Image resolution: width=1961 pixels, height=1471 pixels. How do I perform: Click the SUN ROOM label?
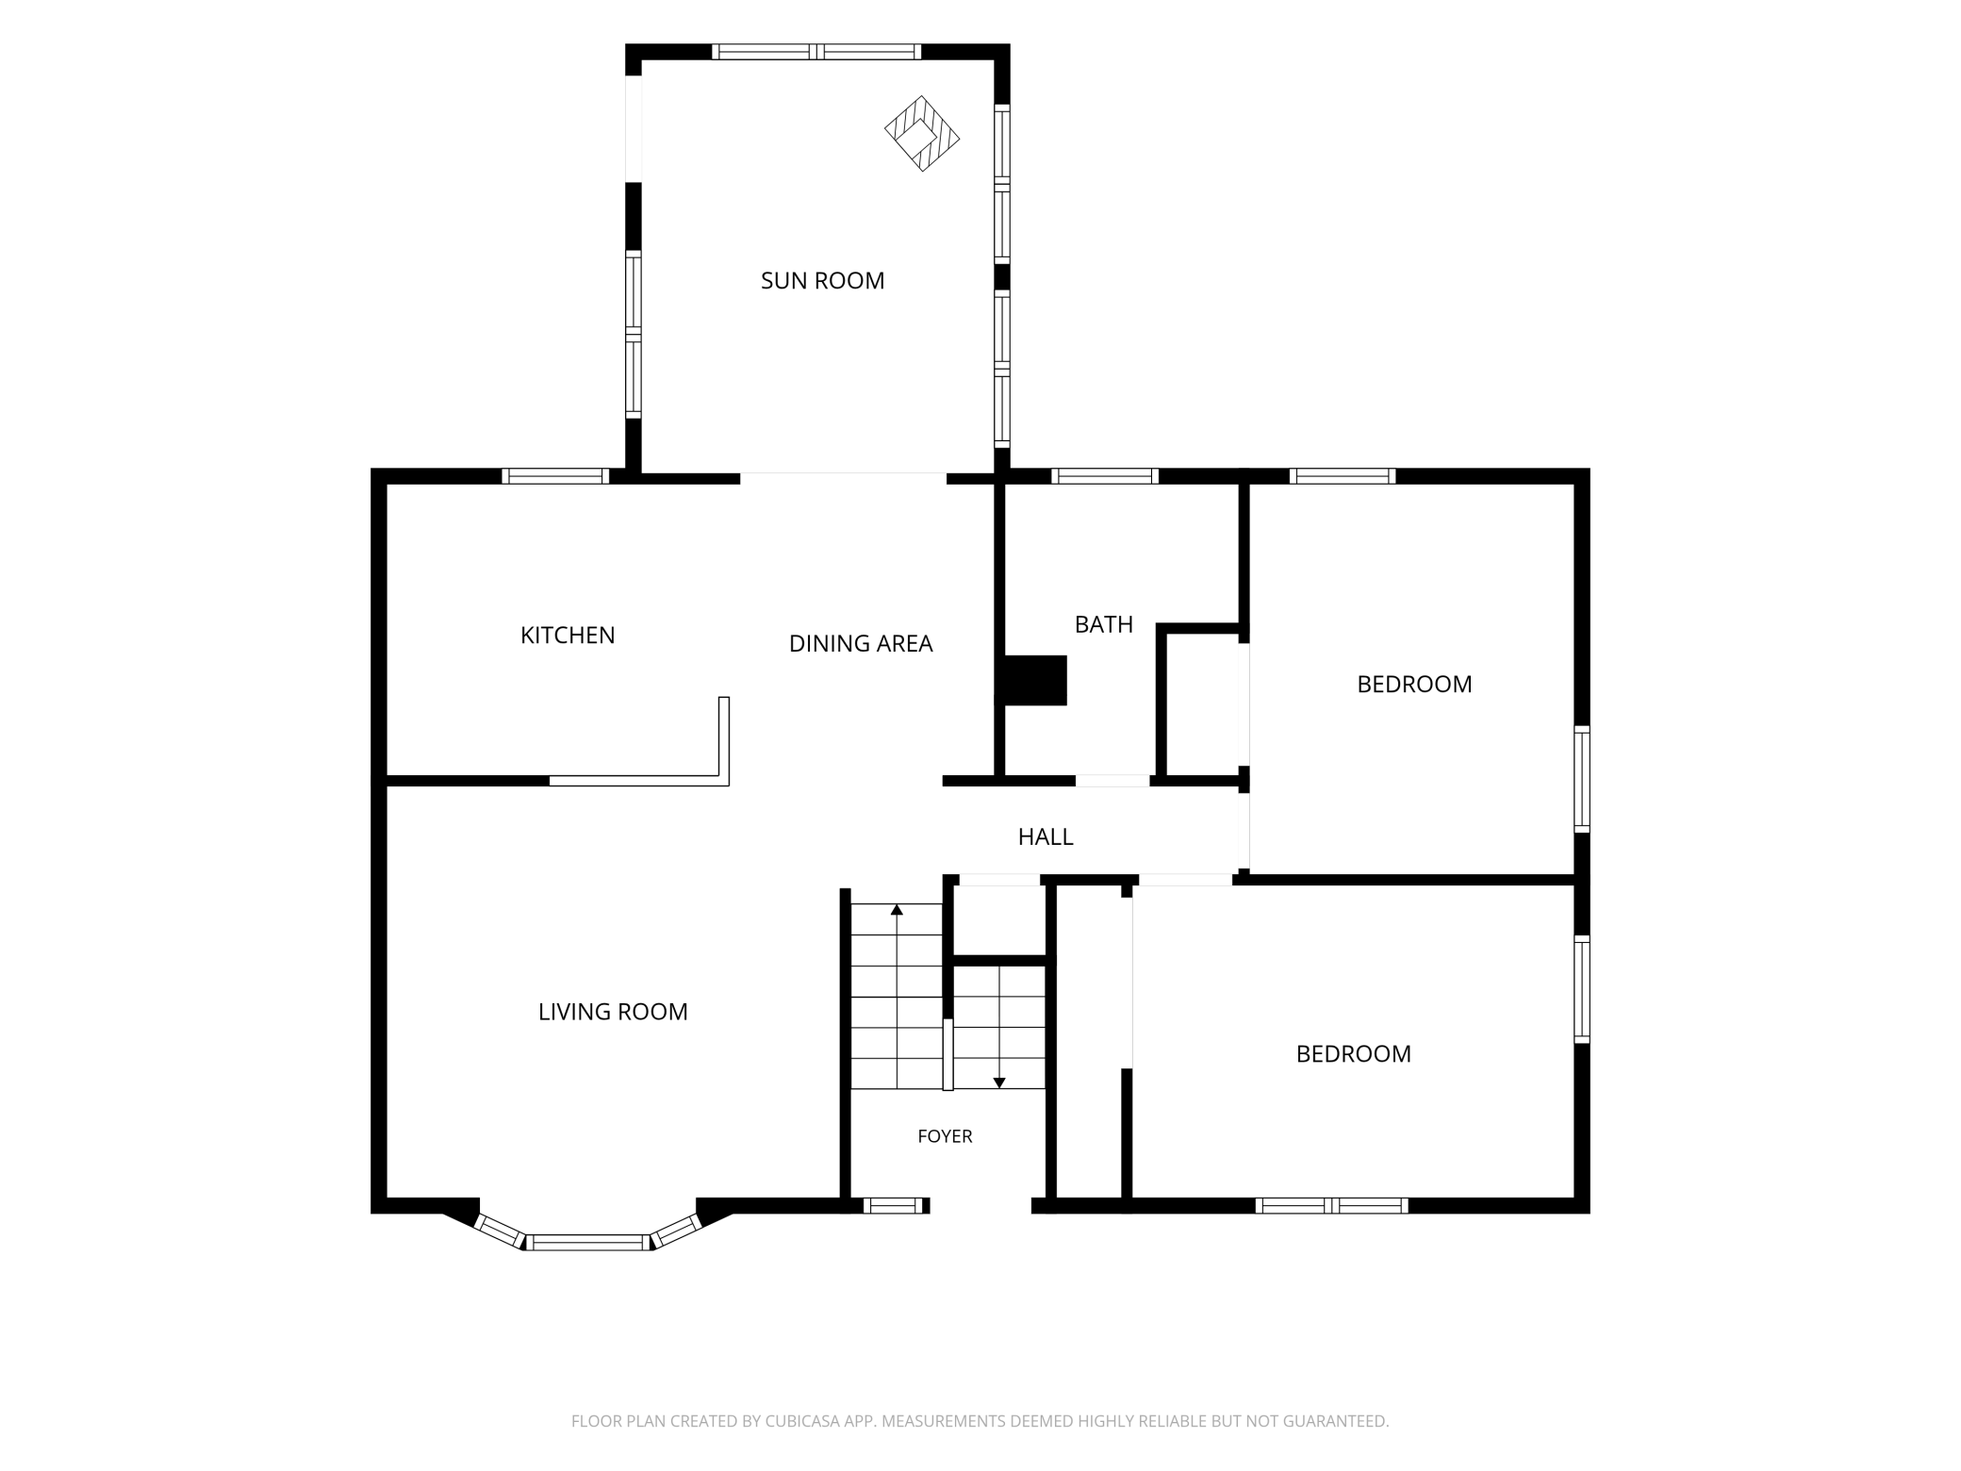pyautogui.click(x=822, y=280)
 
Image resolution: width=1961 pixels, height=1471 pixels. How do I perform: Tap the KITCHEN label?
pyautogui.click(x=568, y=636)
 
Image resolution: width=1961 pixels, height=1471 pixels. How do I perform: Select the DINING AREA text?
pyautogui.click(x=861, y=643)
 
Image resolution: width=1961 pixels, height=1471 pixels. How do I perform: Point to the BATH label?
pyautogui.click(x=1104, y=624)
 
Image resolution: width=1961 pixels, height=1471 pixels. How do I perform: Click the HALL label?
pyautogui.click(x=1046, y=836)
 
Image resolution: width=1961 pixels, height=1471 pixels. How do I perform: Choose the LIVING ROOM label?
pyautogui.click(x=613, y=1012)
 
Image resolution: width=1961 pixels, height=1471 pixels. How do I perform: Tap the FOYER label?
pyautogui.click(x=945, y=1136)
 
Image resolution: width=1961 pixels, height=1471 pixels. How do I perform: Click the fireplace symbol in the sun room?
pyautogui.click(x=922, y=133)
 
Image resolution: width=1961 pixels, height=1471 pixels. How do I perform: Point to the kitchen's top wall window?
pyautogui.click(x=555, y=476)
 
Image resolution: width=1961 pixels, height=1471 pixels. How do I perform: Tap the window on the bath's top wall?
pyautogui.click(x=1105, y=476)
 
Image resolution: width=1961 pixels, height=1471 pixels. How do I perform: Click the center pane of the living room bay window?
pyautogui.click(x=588, y=1242)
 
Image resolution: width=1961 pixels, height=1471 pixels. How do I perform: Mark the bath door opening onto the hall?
pyautogui.click(x=1112, y=781)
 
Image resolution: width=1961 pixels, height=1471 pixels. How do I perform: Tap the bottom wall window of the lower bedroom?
pyautogui.click(x=1331, y=1205)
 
